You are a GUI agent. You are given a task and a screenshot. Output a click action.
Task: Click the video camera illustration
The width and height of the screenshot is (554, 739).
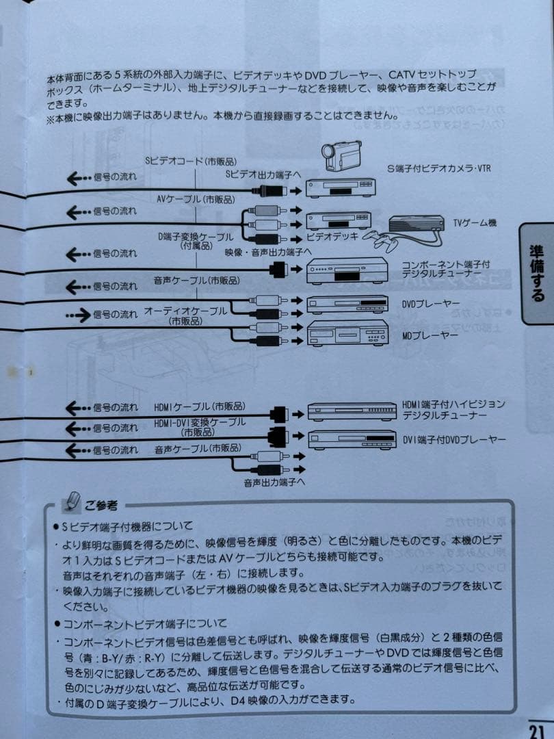pyautogui.click(x=341, y=155)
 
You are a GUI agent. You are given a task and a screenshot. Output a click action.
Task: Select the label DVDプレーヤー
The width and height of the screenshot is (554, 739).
pyautogui.click(x=430, y=304)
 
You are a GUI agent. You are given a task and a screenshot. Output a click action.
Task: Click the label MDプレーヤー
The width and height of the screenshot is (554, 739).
pyautogui.click(x=429, y=335)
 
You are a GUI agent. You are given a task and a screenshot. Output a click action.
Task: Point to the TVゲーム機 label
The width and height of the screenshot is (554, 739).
pyautogui.click(x=475, y=222)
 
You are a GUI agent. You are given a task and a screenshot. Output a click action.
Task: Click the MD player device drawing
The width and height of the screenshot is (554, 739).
pyautogui.click(x=347, y=333)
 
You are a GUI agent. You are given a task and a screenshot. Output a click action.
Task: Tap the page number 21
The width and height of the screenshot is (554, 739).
pyautogui.click(x=536, y=730)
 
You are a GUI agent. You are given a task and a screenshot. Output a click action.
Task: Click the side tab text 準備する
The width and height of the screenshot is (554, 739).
pyautogui.click(x=536, y=273)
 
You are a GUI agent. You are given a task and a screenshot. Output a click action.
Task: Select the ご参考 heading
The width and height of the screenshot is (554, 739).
pyautogui.click(x=101, y=506)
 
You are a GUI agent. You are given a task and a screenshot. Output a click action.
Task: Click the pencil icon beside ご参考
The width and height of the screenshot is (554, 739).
pyautogui.click(x=72, y=502)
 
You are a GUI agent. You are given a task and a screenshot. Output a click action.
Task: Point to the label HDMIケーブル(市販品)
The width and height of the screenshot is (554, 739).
pyautogui.click(x=200, y=406)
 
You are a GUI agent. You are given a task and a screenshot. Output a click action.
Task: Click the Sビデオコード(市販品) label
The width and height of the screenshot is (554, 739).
pyautogui.click(x=192, y=161)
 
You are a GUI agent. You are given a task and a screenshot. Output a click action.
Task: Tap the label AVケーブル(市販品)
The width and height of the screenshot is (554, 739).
pyautogui.click(x=196, y=199)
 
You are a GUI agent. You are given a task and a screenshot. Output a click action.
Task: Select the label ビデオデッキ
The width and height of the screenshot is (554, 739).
pyautogui.click(x=332, y=236)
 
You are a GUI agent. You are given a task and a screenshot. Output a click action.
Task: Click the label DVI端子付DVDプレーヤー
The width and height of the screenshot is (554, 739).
pyautogui.click(x=453, y=440)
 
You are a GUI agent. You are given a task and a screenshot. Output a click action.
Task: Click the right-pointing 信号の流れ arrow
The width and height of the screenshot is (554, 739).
pyautogui.click(x=78, y=315)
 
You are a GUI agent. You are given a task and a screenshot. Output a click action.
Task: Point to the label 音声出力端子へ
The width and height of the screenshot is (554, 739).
pyautogui.click(x=274, y=482)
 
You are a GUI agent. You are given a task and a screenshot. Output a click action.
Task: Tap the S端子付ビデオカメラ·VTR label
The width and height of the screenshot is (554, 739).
pyautogui.click(x=439, y=168)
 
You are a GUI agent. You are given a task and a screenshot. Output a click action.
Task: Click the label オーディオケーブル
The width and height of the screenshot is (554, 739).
pyautogui.click(x=185, y=311)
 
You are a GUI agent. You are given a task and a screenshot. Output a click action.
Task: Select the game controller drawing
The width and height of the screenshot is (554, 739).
pyautogui.click(x=380, y=239)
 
